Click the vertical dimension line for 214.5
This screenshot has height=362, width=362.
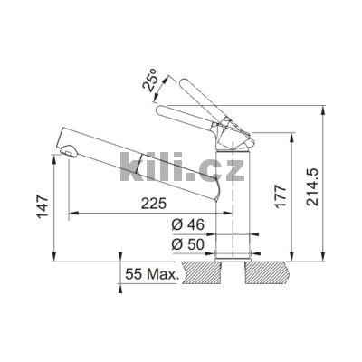(x=323, y=181)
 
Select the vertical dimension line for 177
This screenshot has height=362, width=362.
(x=293, y=195)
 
